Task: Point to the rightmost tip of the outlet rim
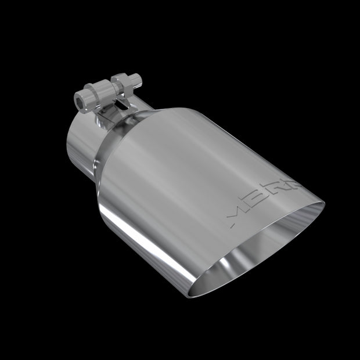(325, 204)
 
